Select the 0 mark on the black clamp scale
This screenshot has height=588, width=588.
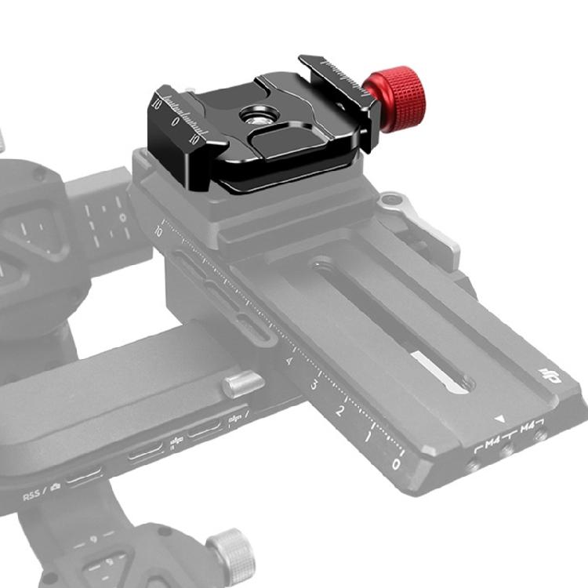pyautogui.click(x=174, y=122)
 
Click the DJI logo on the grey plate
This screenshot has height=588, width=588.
pyautogui.click(x=552, y=379)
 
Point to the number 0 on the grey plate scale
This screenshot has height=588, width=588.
pyautogui.click(x=396, y=463)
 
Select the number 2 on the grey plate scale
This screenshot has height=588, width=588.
pyautogui.click(x=340, y=411)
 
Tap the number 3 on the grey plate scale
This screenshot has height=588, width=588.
pyautogui.click(x=314, y=386)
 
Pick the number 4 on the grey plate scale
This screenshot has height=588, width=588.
pyautogui.click(x=290, y=361)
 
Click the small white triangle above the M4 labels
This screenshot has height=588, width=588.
pyautogui.click(x=499, y=420)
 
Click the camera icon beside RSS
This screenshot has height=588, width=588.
pyautogui.click(x=56, y=488)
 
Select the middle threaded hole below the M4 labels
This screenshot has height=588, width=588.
pyautogui.click(x=507, y=452)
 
